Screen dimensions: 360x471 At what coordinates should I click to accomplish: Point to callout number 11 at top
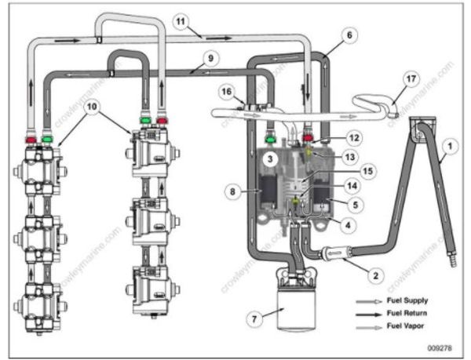[x=180, y=25]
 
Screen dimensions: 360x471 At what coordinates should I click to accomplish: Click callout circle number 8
[x=231, y=191]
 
